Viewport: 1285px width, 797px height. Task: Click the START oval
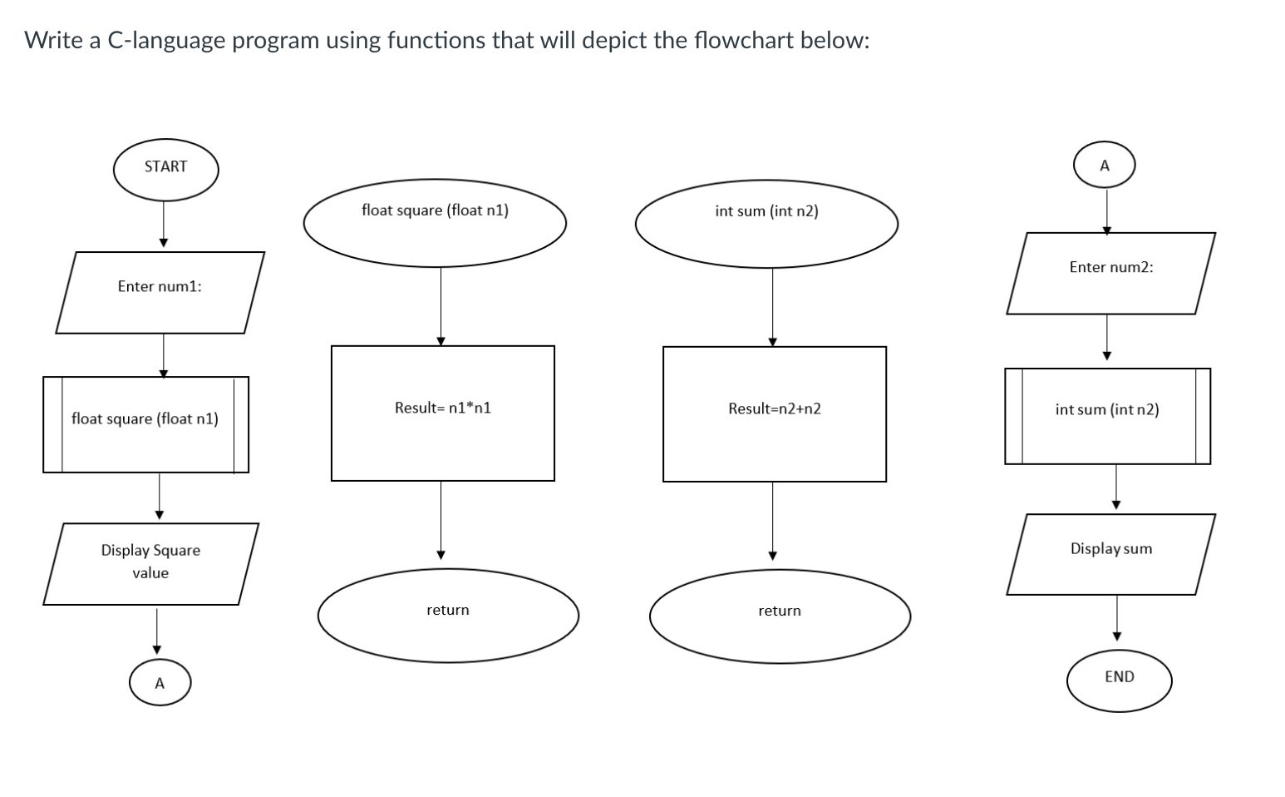click(165, 170)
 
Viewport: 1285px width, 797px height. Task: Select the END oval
click(1119, 681)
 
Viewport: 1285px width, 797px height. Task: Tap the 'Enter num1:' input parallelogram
click(160, 292)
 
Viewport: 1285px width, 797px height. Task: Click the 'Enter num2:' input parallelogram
click(1110, 273)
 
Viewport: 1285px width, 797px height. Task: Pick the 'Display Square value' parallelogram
click(150, 563)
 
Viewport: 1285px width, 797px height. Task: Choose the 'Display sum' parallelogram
click(1110, 554)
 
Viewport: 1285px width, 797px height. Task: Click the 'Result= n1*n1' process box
click(442, 413)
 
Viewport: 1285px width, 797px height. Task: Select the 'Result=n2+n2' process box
click(774, 413)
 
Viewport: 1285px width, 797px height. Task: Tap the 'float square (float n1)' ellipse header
click(435, 223)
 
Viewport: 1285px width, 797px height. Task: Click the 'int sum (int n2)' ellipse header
click(766, 223)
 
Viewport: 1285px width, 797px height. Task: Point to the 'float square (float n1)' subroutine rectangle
click(145, 424)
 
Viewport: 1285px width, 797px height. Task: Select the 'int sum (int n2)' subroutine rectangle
click(1107, 416)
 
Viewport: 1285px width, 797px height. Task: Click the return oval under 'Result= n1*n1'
click(448, 615)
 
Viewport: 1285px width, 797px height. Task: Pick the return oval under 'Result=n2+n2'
click(780, 616)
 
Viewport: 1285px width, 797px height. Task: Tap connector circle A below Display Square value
click(160, 684)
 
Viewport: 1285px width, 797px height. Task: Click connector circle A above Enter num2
click(1104, 166)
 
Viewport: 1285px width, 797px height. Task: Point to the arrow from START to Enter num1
click(164, 224)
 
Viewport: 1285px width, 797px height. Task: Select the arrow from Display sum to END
click(1116, 617)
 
